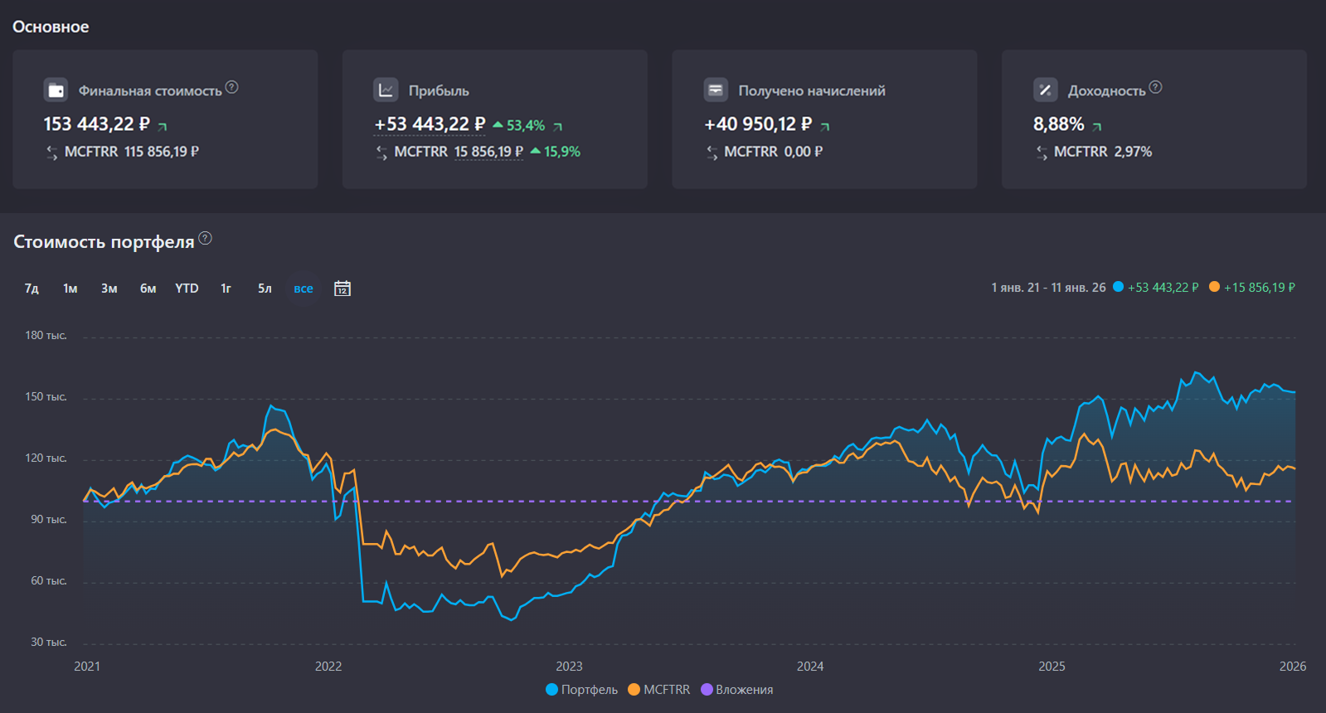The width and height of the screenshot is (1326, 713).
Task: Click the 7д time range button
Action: click(x=32, y=289)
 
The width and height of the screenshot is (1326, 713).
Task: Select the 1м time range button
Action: click(x=70, y=289)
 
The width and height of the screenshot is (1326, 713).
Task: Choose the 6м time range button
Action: click(x=148, y=289)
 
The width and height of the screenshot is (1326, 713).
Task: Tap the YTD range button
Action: click(x=187, y=289)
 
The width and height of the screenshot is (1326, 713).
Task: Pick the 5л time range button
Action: click(x=265, y=289)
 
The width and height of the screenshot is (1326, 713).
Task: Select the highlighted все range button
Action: click(x=304, y=289)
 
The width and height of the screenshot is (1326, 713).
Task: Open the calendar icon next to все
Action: click(x=342, y=289)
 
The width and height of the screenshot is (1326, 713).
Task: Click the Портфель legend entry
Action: click(x=582, y=690)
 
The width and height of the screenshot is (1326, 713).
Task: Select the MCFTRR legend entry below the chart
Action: click(x=659, y=690)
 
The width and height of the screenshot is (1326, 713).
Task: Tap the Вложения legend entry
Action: click(x=737, y=690)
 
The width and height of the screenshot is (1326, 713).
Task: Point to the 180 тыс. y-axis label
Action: click(x=46, y=336)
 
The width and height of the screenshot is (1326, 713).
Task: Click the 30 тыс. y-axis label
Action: click(x=49, y=643)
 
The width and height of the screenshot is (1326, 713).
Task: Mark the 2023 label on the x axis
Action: click(x=569, y=667)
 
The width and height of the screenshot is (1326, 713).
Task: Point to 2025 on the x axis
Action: click(x=1052, y=667)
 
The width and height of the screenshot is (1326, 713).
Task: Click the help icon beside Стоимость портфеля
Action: click(x=206, y=239)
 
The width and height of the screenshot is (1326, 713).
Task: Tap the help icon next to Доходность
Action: click(x=1156, y=87)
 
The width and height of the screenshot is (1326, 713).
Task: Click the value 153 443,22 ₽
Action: click(x=96, y=124)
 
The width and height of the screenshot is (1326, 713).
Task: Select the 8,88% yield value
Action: click(x=1058, y=124)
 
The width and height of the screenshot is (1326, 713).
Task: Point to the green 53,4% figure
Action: click(x=526, y=126)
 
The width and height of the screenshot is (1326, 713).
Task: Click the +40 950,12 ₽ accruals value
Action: click(x=758, y=124)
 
